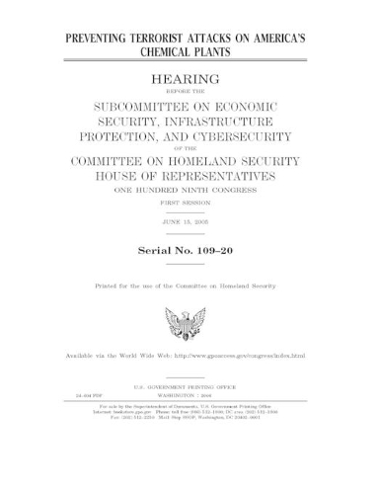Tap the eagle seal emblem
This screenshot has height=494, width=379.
click(189, 322)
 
